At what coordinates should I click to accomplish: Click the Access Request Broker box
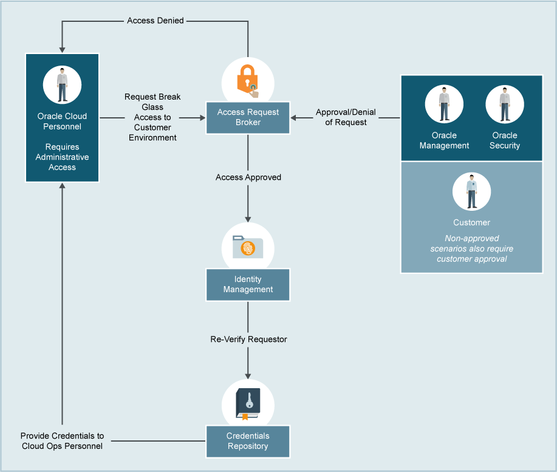click(x=248, y=117)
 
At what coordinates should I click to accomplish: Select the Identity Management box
click(x=248, y=284)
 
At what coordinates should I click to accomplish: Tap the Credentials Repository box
click(x=248, y=441)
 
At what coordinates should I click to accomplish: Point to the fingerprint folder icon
click(x=248, y=247)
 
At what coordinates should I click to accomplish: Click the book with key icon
click(x=248, y=403)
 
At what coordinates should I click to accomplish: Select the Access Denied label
click(x=155, y=21)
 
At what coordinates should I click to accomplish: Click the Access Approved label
click(x=248, y=177)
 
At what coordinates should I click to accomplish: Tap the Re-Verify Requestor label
click(x=248, y=339)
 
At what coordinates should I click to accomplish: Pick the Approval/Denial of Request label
click(x=346, y=117)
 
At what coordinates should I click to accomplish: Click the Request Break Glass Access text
click(x=152, y=117)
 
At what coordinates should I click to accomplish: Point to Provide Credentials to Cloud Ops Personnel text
click(x=62, y=441)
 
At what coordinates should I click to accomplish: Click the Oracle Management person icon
click(x=444, y=104)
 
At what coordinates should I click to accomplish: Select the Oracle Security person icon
click(x=505, y=104)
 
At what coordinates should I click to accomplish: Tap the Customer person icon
click(x=471, y=191)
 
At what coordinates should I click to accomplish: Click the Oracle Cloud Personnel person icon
click(x=62, y=84)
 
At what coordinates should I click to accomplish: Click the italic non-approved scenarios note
click(x=471, y=248)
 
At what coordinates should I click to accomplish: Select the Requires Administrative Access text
click(x=62, y=157)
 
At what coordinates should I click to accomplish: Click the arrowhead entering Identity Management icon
click(x=248, y=219)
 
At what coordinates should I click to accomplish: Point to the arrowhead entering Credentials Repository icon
click(x=248, y=376)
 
